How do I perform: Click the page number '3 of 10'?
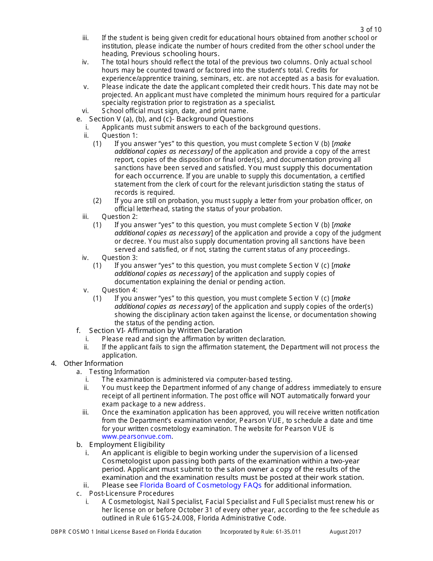(x=371, y=30)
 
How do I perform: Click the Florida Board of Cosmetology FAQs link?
(x=201, y=485)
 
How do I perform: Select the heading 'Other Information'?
(x=93, y=364)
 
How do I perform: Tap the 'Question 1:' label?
(x=119, y=135)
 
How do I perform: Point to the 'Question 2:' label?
(x=119, y=217)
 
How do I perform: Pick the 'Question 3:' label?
(x=119, y=258)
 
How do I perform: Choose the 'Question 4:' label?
(x=119, y=290)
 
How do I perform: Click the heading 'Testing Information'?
(x=119, y=372)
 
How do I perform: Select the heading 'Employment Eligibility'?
(x=127, y=445)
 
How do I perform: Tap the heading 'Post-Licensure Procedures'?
(x=131, y=493)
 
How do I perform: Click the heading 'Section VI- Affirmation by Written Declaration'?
(x=165, y=331)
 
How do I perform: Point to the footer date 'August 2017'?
(x=345, y=532)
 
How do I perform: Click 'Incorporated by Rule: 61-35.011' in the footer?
(x=260, y=532)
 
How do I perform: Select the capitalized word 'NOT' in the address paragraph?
(x=278, y=396)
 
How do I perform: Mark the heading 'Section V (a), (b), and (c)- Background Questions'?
(x=167, y=119)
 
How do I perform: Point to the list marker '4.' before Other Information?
(x=54, y=364)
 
